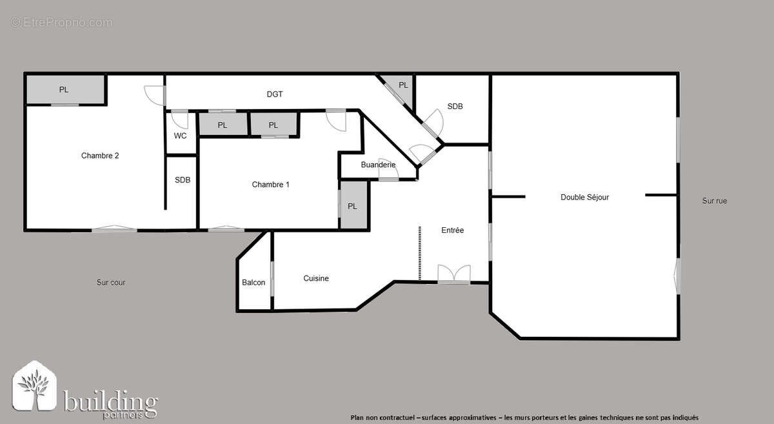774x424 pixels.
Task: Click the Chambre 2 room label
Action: (x=100, y=156)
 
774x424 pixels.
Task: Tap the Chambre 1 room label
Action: (x=270, y=185)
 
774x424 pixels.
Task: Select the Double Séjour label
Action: (x=584, y=197)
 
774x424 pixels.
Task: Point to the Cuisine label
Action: (x=316, y=279)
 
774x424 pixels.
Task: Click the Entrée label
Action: (x=452, y=230)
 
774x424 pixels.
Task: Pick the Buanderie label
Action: (x=378, y=165)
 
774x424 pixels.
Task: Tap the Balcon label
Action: (x=253, y=283)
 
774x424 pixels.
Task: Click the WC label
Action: (x=181, y=136)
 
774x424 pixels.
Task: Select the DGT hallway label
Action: (x=275, y=94)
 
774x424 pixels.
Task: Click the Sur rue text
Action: (x=714, y=201)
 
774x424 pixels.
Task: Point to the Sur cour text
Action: (x=111, y=283)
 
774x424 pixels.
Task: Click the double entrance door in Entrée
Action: (x=453, y=274)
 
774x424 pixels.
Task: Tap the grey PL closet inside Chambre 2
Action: (x=65, y=90)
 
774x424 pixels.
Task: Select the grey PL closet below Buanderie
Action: (x=353, y=206)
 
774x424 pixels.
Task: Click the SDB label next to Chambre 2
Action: (x=183, y=180)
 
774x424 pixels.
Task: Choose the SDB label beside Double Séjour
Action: (x=455, y=106)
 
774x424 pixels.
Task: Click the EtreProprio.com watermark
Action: (x=61, y=23)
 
